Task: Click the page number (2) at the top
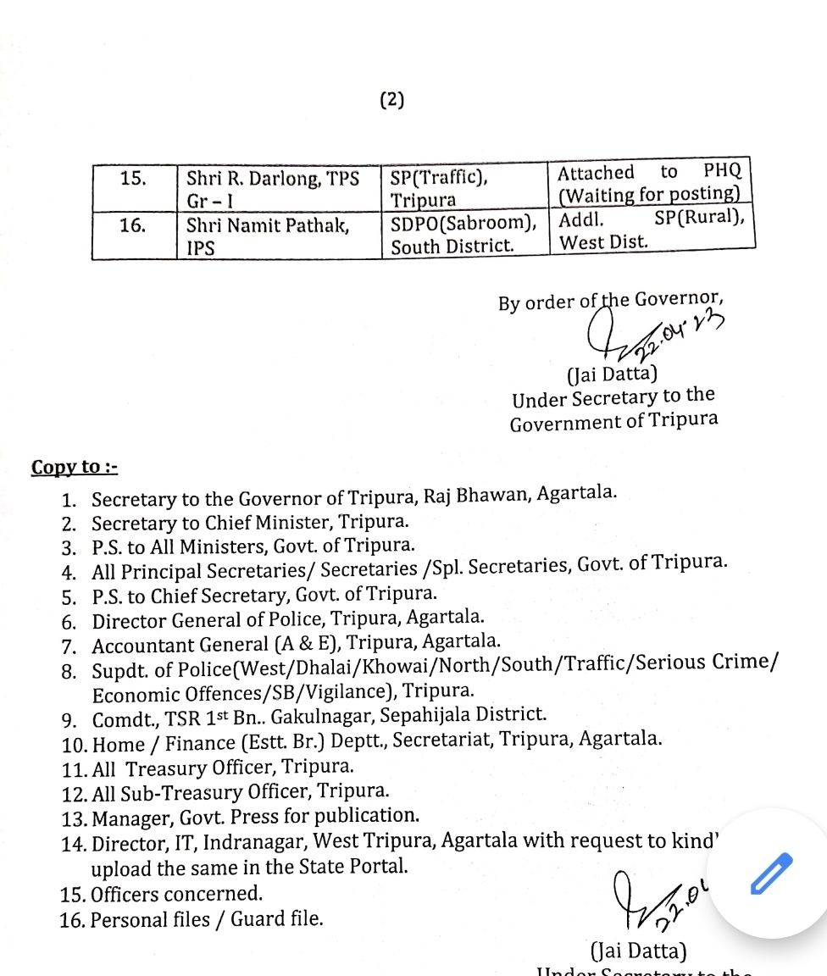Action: tap(391, 100)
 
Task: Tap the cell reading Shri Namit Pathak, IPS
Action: tap(267, 236)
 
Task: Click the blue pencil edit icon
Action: tap(772, 873)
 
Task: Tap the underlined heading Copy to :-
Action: tap(75, 468)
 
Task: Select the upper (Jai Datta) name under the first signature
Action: tap(610, 374)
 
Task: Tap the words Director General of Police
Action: tap(208, 620)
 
